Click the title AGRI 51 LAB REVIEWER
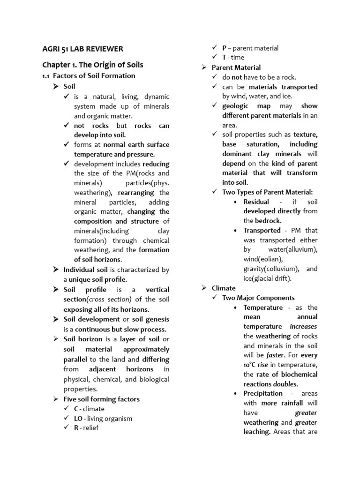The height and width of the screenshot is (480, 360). click(83, 49)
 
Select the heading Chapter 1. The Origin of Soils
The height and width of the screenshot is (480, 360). click(93, 65)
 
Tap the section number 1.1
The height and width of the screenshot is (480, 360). click(46, 76)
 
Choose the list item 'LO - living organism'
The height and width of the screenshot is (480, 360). click(103, 418)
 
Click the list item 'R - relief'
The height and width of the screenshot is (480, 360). click(86, 427)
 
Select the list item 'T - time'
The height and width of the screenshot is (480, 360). click(233, 57)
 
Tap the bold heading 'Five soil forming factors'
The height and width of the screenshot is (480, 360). click(102, 399)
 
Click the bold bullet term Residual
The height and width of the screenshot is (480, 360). click(256, 202)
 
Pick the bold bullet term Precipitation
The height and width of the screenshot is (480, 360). click(263, 393)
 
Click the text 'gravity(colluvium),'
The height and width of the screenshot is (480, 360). click(271, 269)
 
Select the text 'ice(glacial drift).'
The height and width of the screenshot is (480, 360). click(267, 278)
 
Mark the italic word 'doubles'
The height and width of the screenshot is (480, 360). click(285, 384)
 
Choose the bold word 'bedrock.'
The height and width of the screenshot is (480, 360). click(269, 220)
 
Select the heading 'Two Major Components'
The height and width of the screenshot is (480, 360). click(258, 298)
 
